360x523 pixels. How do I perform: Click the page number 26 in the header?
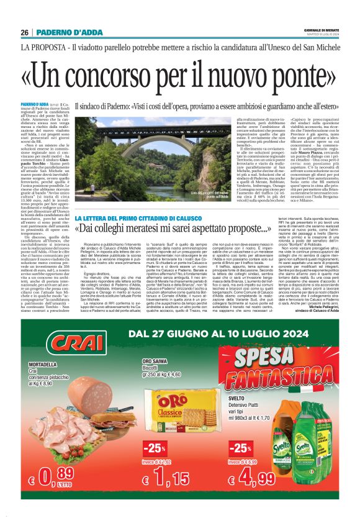(25, 33)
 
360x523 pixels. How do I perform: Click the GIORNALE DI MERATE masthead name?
(321, 30)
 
